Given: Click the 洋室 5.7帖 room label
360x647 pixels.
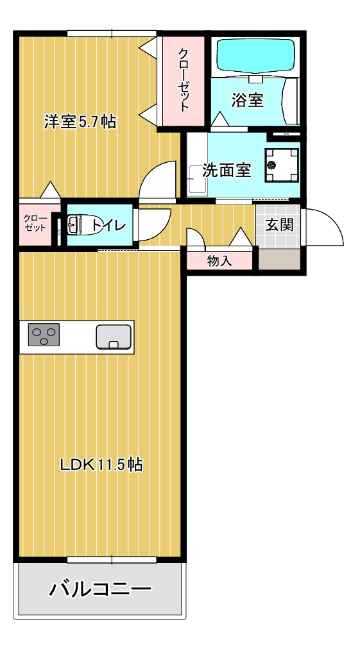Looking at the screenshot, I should pos(80,122).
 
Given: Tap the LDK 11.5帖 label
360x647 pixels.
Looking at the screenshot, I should pos(101,464).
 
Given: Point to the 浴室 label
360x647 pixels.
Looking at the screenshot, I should pos(247,100).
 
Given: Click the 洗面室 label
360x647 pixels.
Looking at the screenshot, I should pos(226,170).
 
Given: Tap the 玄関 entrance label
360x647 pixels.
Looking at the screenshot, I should pos(280,224).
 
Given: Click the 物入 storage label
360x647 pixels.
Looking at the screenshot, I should pos(219,261).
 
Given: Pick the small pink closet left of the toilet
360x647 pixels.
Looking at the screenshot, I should pos(35,224).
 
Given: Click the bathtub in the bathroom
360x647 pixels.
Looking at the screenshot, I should pos(255,56).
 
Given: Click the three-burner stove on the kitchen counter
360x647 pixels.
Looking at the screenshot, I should pos(44,336).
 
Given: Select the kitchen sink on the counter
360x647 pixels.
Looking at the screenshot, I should pos(114,337).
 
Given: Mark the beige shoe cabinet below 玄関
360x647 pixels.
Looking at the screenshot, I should pos(279,259).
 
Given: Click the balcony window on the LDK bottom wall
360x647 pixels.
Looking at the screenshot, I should pos(112,560).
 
